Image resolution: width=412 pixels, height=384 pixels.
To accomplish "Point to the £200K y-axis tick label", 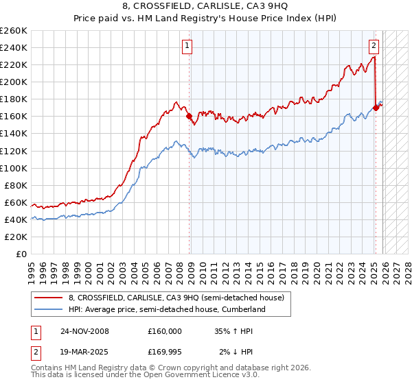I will pyautogui.click(x=14, y=82).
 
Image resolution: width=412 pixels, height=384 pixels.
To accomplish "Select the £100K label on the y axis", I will pyautogui.click(x=14, y=168).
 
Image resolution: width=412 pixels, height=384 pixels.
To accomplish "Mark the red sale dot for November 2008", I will pyautogui.click(x=190, y=117).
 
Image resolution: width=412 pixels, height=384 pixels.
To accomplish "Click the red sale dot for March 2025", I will pyautogui.click(x=376, y=108).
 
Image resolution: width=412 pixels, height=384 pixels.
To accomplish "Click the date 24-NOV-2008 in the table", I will pyautogui.click(x=84, y=331).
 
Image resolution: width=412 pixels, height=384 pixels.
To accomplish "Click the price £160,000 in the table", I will pyautogui.click(x=165, y=331).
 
